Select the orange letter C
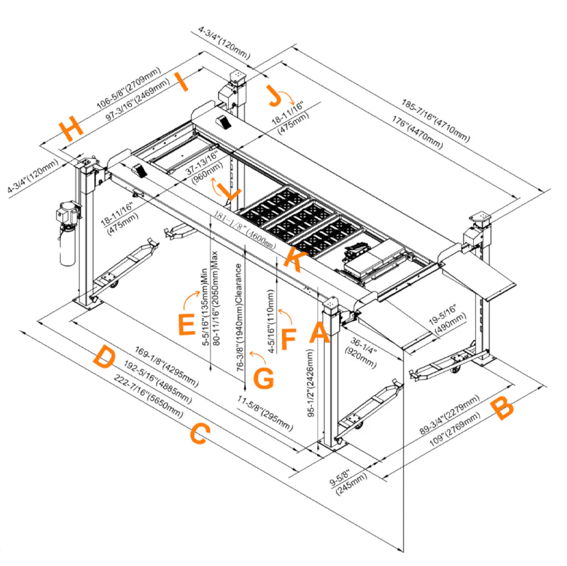point(200,434)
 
